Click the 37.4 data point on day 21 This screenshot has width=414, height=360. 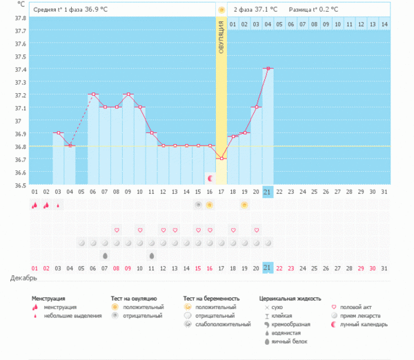(x=268, y=68)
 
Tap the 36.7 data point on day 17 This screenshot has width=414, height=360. (x=221, y=159)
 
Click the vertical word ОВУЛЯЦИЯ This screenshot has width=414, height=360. (x=221, y=41)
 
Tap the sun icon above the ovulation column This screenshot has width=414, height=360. (x=221, y=10)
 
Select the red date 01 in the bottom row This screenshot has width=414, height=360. (x=34, y=268)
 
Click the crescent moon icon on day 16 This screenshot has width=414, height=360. (x=210, y=178)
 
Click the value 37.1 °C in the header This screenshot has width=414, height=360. (x=266, y=10)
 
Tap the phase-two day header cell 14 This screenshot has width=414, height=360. (x=384, y=24)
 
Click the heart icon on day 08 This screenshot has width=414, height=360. (x=117, y=230)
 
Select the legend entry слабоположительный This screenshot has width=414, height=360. (x=222, y=324)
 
